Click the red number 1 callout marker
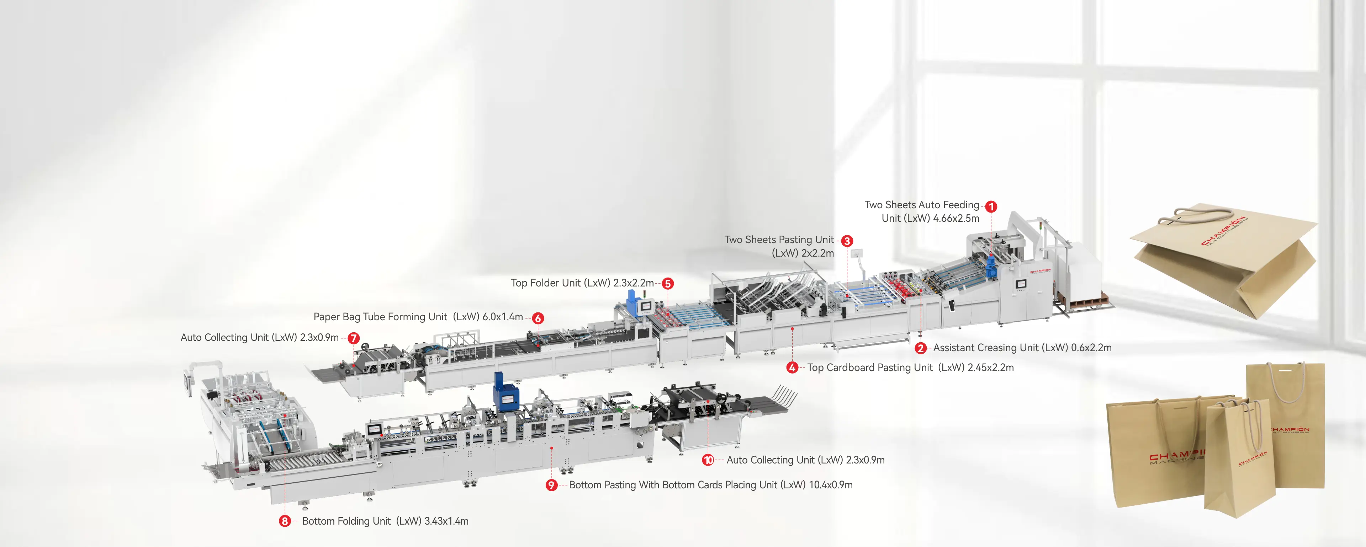tap(991, 207)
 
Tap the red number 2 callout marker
tap(921, 348)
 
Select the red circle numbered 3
tap(847, 241)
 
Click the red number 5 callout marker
tap(668, 284)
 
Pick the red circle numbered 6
tap(538, 318)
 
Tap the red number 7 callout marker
tap(354, 338)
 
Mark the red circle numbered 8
tap(285, 521)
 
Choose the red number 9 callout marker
tap(551, 485)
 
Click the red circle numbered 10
tap(708, 460)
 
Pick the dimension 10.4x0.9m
tap(830, 485)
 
